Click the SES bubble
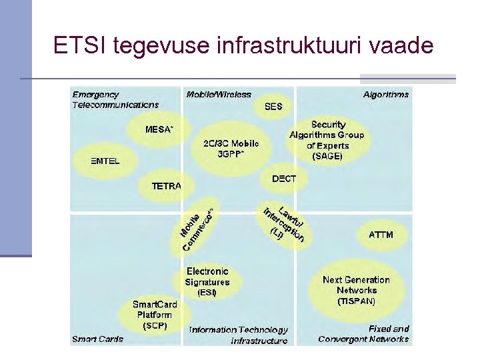[x=274, y=106]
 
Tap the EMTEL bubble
[x=105, y=161]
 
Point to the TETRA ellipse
[x=166, y=186]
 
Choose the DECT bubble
[x=284, y=179]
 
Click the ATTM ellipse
[x=381, y=235]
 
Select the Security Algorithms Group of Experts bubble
[x=327, y=140]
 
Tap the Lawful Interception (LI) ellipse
[x=283, y=223]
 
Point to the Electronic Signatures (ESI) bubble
[x=207, y=281]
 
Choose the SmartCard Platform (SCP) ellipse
[x=155, y=315]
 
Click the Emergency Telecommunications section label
[x=115, y=99]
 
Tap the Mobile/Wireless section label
[x=219, y=95]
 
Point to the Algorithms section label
[x=386, y=95]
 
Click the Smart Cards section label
[x=97, y=339]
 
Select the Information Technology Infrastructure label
[x=239, y=335]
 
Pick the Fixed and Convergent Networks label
[x=364, y=334]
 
